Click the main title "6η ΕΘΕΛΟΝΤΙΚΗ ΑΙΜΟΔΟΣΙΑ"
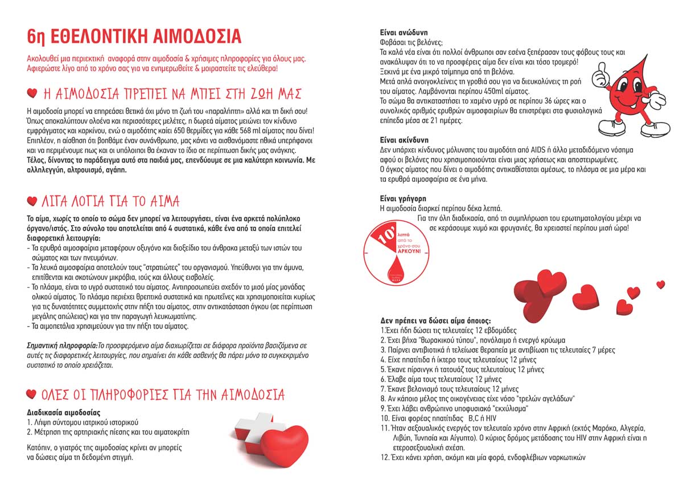(134, 36)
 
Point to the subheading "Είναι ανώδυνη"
(404, 32)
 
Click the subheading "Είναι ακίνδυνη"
(404, 140)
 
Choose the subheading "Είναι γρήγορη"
(402, 198)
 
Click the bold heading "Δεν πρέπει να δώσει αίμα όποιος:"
(435, 320)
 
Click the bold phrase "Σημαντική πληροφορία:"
(62, 345)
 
